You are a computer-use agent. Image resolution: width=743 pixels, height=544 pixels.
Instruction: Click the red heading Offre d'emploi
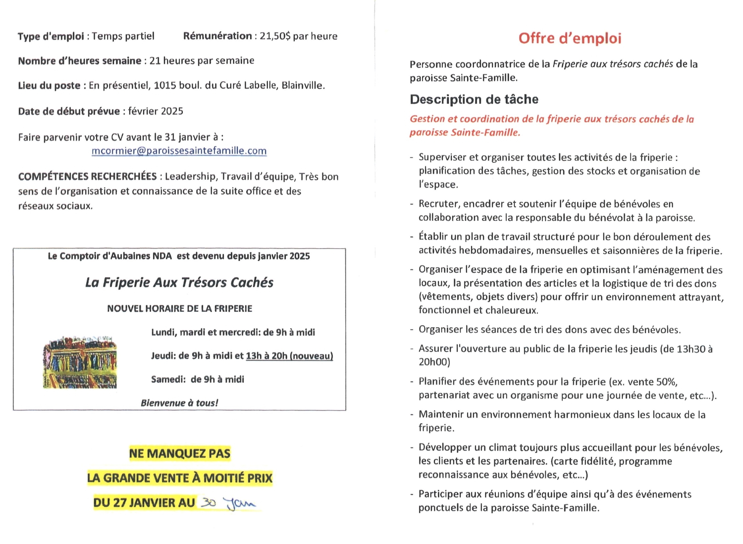pyautogui.click(x=570, y=38)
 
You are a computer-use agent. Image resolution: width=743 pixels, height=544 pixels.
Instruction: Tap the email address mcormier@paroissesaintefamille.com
pyautogui.click(x=179, y=150)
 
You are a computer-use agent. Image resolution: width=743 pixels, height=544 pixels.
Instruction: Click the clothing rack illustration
pyautogui.click(x=80, y=362)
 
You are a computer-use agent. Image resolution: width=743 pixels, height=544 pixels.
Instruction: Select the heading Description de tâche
pyautogui.click(x=474, y=99)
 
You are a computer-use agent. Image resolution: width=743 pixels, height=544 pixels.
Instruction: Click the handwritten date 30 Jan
pyautogui.click(x=228, y=503)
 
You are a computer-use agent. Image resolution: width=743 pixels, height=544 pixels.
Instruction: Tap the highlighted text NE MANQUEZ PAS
pyautogui.click(x=180, y=453)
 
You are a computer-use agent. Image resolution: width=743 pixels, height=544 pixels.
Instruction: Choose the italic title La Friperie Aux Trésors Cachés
pyautogui.click(x=179, y=282)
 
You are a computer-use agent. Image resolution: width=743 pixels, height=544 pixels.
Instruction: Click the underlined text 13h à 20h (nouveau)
pyautogui.click(x=289, y=356)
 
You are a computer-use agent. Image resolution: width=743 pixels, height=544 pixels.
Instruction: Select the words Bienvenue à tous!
pyautogui.click(x=179, y=403)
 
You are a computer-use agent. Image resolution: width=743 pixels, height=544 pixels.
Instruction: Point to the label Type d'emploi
pyautogui.click(x=51, y=36)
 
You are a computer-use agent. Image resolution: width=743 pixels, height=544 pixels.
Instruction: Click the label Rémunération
pyautogui.click(x=217, y=36)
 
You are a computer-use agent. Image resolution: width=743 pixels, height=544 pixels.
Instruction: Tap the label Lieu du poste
pyautogui.click(x=49, y=85)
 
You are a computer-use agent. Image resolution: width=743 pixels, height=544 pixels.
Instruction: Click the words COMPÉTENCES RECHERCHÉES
pyautogui.click(x=87, y=177)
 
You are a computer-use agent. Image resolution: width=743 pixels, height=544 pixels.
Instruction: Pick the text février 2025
pyautogui.click(x=156, y=111)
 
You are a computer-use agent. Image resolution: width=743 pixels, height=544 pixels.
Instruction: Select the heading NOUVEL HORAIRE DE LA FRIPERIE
pyautogui.click(x=179, y=308)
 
